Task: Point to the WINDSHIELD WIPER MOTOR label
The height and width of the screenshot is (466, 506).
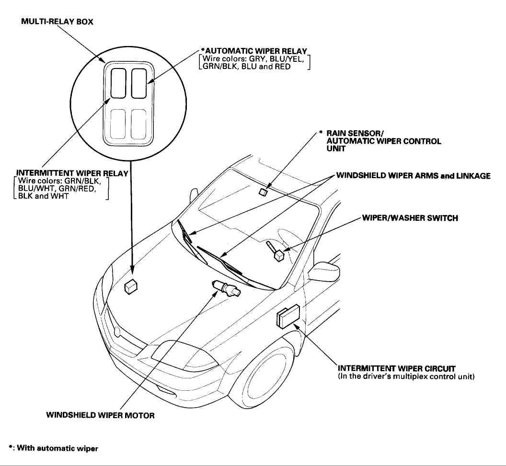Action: tap(100, 415)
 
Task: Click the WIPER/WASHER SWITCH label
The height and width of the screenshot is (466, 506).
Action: tap(410, 218)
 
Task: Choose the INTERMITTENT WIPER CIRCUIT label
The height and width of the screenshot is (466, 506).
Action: tap(396, 368)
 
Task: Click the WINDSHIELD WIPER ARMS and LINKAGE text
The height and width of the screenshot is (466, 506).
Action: tap(413, 176)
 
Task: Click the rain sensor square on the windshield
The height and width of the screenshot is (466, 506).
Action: tap(262, 192)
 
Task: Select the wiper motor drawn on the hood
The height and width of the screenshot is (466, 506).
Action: tap(227, 289)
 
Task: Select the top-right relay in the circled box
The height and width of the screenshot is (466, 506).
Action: tap(138, 83)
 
